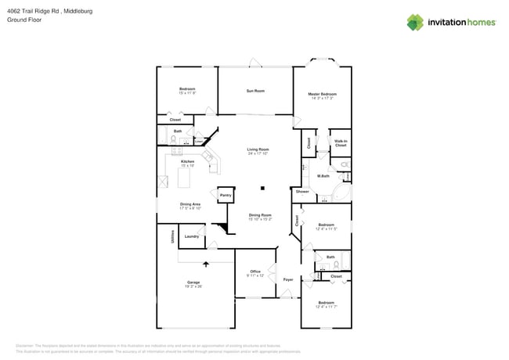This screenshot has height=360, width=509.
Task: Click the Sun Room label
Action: [x=255, y=91]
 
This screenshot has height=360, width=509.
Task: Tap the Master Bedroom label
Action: [x=322, y=94]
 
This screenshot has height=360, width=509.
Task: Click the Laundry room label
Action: [x=191, y=236]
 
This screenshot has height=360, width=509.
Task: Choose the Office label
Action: [x=255, y=272]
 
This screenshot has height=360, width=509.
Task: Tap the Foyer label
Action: [x=288, y=279]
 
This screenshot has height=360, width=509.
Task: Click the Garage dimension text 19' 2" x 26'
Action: [x=193, y=286]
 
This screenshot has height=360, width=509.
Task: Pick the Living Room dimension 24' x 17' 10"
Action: [x=258, y=153]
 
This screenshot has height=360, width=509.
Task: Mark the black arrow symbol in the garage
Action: [x=207, y=265]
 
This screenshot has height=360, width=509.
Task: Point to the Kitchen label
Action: [x=187, y=161]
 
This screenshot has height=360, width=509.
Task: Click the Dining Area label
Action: [x=190, y=205]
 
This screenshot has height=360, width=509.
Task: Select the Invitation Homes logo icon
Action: [x=415, y=22]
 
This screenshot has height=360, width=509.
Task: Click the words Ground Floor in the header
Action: [x=23, y=20]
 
